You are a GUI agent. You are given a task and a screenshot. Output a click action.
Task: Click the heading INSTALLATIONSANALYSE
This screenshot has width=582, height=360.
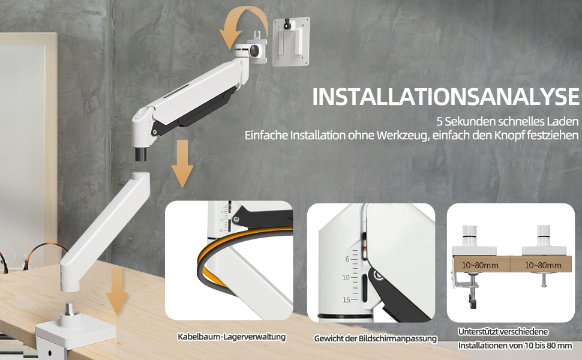pyautogui.click(x=445, y=97)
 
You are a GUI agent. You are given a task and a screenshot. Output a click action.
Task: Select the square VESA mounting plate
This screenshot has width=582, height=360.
pyautogui.click(x=291, y=41)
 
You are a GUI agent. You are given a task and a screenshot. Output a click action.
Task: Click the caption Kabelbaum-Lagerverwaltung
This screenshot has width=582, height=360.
pyautogui.click(x=232, y=337)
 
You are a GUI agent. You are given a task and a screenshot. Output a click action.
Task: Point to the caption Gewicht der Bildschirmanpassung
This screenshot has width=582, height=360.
pyautogui.click(x=375, y=338)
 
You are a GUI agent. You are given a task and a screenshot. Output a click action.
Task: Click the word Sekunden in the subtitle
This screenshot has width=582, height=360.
pyautogui.click(x=470, y=121)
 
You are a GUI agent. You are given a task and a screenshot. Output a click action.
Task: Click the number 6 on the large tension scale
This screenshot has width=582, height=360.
pyautogui.click(x=347, y=259)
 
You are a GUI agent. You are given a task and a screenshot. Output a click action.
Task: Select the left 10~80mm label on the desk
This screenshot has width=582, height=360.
pyautogui.click(x=480, y=265)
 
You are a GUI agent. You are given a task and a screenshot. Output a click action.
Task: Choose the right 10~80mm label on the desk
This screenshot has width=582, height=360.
pyautogui.click(x=543, y=265)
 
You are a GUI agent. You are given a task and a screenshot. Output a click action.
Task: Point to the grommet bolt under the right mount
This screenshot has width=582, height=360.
pyautogui.click(x=544, y=280)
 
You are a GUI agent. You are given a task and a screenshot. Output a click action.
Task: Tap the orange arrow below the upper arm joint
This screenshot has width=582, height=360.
pyautogui.click(x=182, y=163)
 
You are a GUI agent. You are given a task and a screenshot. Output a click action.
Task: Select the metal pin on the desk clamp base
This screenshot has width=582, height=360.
pyautogui.click(x=70, y=309)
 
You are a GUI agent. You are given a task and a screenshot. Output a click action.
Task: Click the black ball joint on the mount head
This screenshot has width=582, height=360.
pyautogui.click(x=256, y=51)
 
